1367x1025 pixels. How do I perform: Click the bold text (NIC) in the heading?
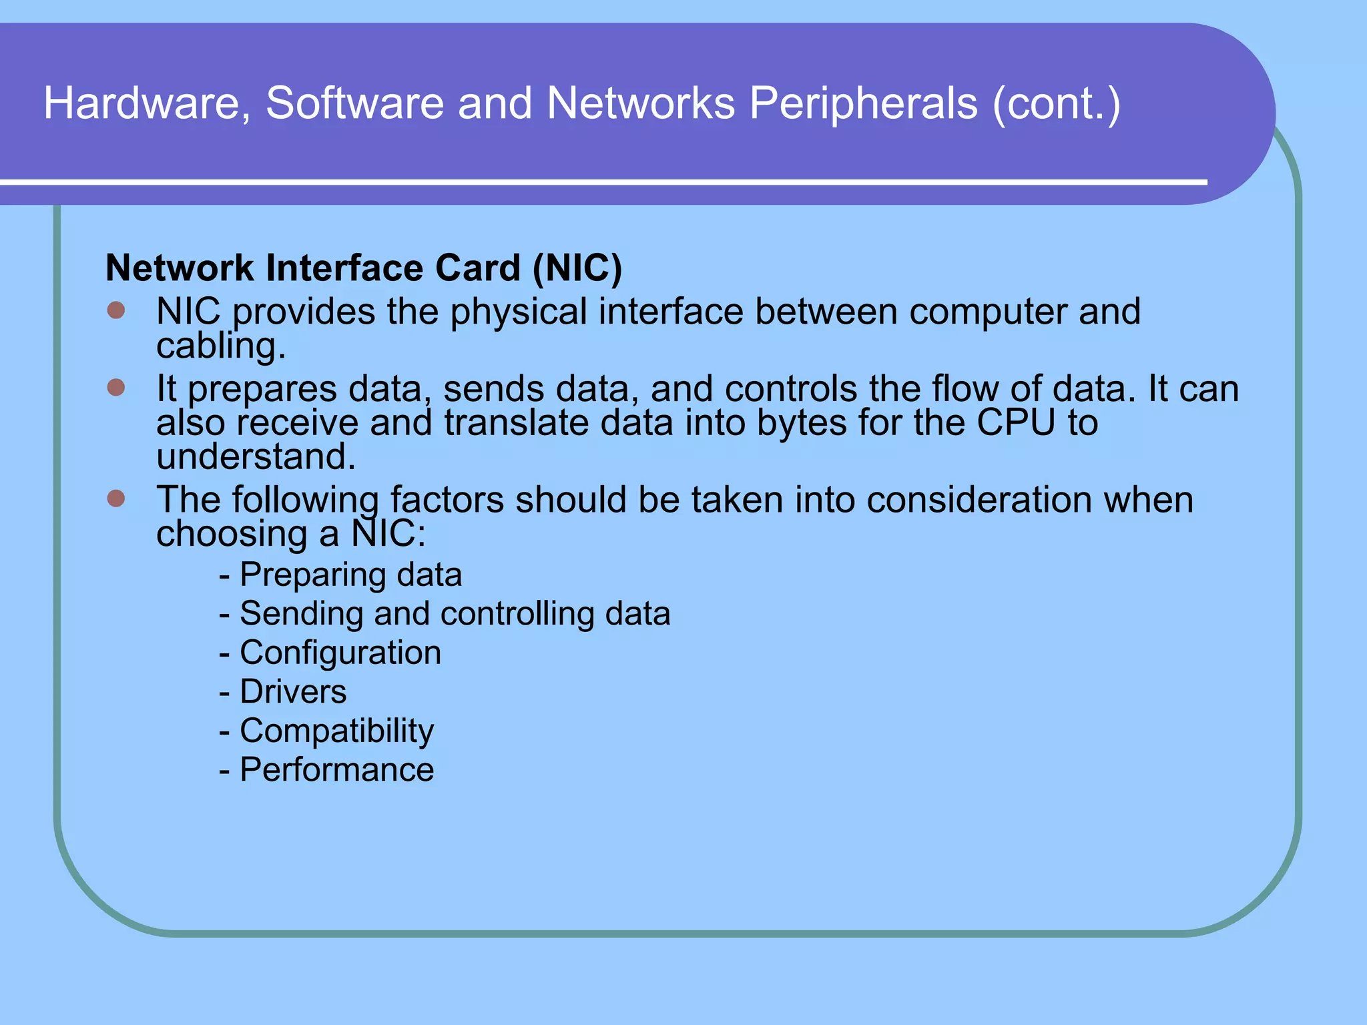(577, 268)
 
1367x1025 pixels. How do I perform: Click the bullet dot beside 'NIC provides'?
(116, 310)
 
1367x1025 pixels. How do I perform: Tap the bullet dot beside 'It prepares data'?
(116, 388)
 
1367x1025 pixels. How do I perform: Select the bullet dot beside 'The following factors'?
(116, 498)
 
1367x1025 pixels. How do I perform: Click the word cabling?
(221, 347)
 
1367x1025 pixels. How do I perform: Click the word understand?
(256, 456)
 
